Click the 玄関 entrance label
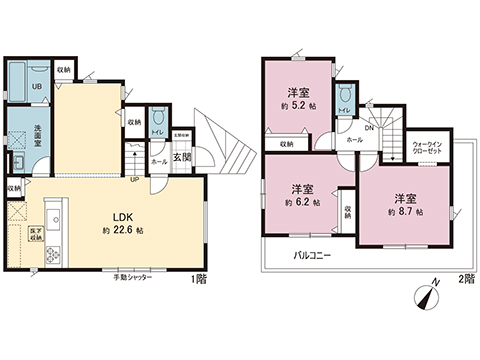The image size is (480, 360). pos(182,157)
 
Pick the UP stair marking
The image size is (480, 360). pos(134,180)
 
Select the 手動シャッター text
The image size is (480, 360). pos(132,276)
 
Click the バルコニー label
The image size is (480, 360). pos(313,255)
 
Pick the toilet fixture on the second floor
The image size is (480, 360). pos(343,100)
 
